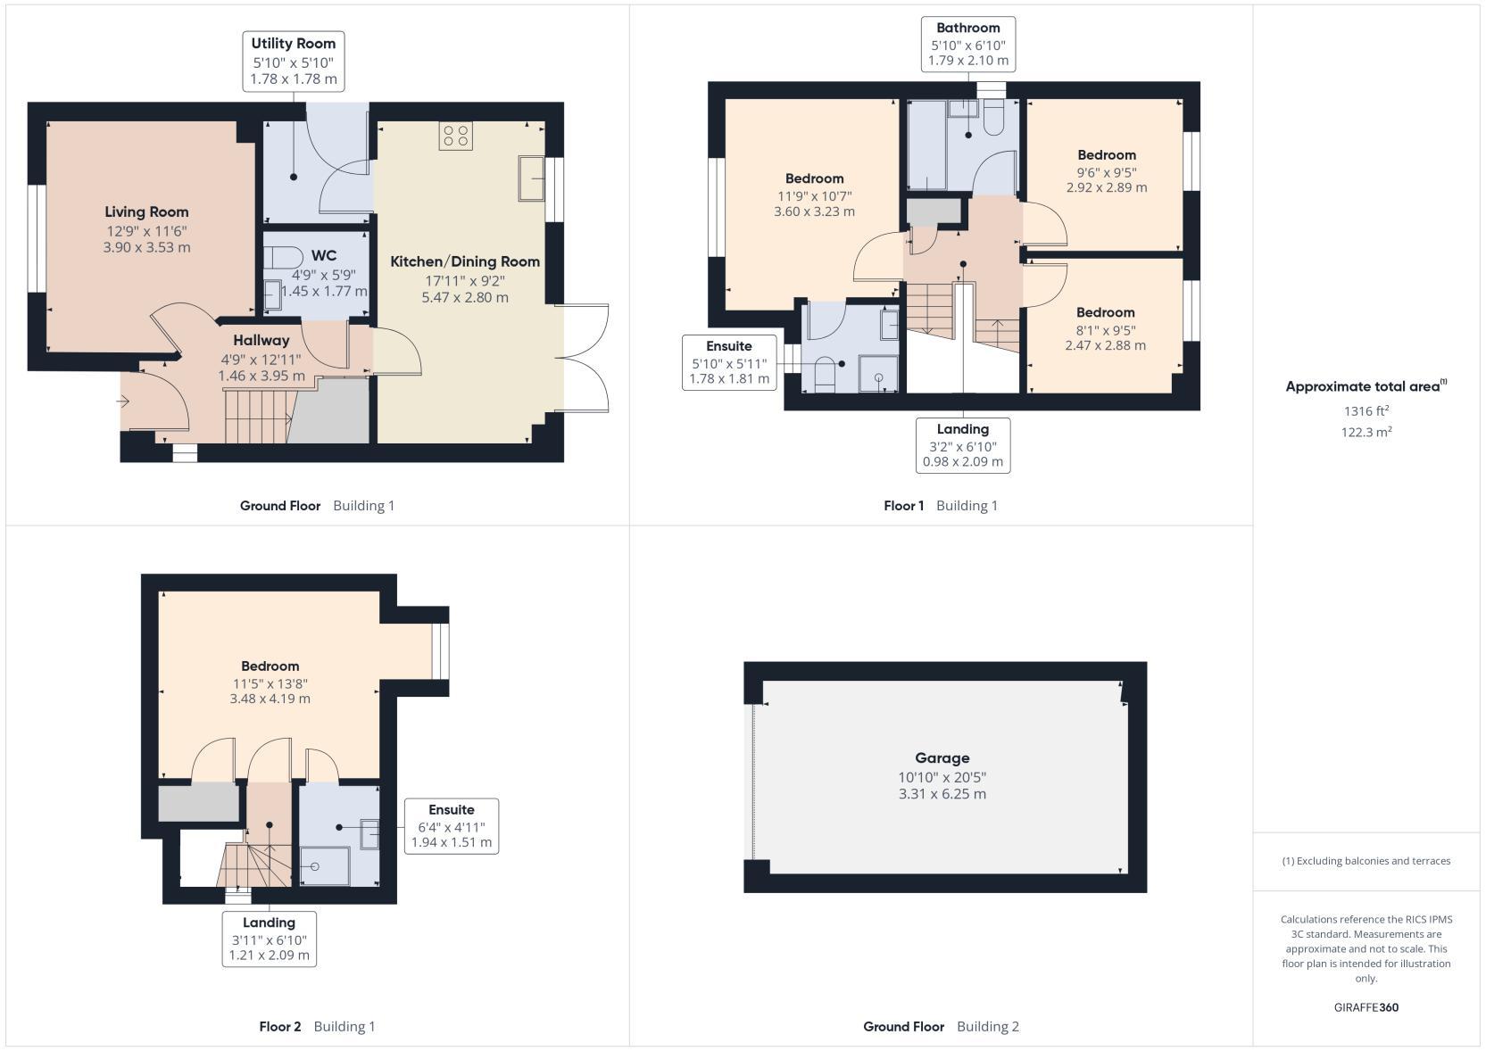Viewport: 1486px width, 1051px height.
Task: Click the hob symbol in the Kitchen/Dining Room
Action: click(456, 136)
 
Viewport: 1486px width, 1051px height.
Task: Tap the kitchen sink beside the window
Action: click(531, 178)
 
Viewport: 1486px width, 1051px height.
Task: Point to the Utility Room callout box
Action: click(294, 61)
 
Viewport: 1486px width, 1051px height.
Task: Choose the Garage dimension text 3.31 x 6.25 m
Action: click(942, 794)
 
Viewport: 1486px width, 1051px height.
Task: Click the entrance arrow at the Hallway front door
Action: click(123, 401)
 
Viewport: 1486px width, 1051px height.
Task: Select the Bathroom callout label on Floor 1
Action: click(967, 44)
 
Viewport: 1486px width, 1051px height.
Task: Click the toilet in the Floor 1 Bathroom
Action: click(993, 118)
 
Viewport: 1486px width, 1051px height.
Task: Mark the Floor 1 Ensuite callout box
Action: click(729, 362)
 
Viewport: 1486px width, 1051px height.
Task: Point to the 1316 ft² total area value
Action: click(1366, 410)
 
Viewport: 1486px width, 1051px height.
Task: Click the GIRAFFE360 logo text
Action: click(1366, 1007)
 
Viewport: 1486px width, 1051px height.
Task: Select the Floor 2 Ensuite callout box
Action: click(451, 825)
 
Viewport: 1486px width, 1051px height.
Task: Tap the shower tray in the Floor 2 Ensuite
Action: click(325, 866)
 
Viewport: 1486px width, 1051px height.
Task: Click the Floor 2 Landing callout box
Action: click(269, 939)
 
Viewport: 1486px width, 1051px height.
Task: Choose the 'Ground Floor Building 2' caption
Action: click(941, 1027)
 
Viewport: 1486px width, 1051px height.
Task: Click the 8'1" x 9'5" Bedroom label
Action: click(1105, 328)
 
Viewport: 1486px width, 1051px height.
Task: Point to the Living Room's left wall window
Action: click(37, 238)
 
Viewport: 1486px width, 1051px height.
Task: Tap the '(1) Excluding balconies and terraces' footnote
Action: click(1366, 861)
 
